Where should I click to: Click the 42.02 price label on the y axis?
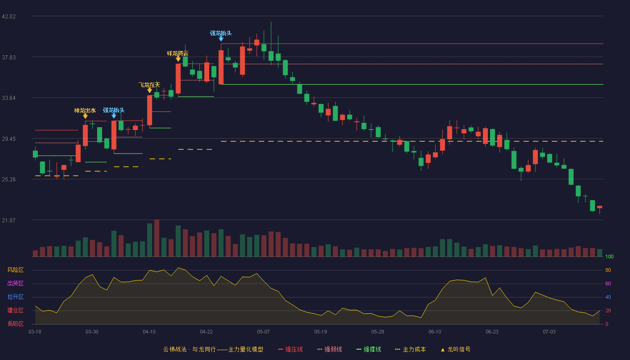tap(9, 17)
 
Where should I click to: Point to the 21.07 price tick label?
tap(9, 220)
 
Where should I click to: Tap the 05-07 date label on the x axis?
tap(263, 332)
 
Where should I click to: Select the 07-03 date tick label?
tap(549, 332)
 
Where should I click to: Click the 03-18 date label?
tap(35, 332)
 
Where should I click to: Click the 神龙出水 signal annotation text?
tap(85, 111)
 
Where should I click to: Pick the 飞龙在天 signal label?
tap(149, 85)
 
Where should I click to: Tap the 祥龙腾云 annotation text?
tap(178, 54)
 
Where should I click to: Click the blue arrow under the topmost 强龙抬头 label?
tap(221, 39)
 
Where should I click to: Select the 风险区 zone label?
tap(15, 270)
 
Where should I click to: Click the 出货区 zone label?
tap(15, 283)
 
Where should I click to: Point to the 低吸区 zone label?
tap(15, 324)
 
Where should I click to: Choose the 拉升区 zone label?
tap(15, 297)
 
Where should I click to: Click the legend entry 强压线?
tap(290, 349)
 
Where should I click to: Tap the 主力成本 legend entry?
tap(410, 349)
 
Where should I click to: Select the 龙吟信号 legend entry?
tap(455, 349)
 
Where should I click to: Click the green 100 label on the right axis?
tap(609, 256)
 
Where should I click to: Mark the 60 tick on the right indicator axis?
tap(608, 283)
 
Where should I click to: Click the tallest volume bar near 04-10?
tap(157, 238)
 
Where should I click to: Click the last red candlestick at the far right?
tap(599, 207)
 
